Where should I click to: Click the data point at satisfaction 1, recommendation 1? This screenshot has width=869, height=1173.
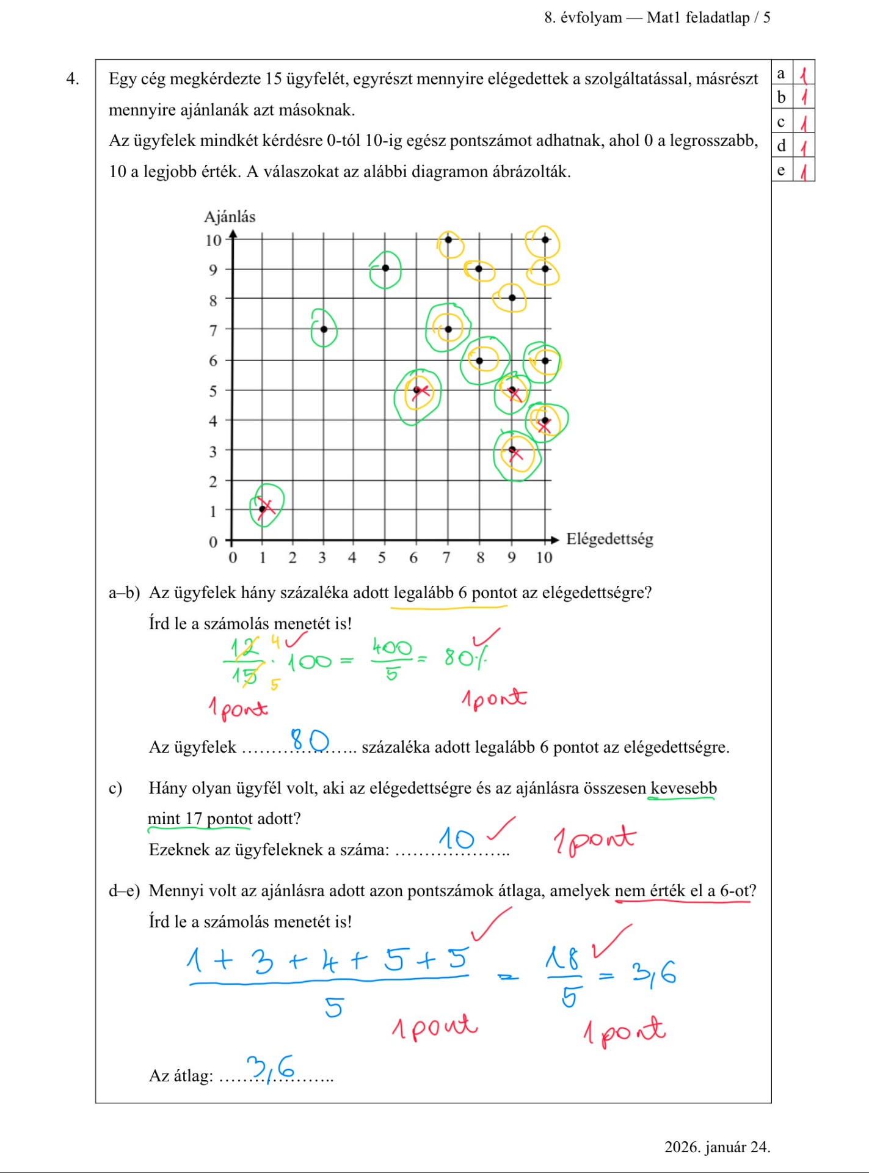pyautogui.click(x=263, y=509)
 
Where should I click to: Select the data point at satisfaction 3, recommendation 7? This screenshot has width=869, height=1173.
pyautogui.click(x=324, y=329)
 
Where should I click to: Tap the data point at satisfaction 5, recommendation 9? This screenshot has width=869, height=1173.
pyautogui.click(x=385, y=268)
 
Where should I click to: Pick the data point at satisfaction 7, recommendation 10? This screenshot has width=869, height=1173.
pyautogui.click(x=448, y=239)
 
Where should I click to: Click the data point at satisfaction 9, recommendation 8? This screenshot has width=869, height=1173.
pyautogui.click(x=512, y=298)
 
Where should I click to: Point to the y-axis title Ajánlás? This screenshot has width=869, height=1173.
pyautogui.click(x=230, y=217)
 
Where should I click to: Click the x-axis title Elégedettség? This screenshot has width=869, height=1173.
pyautogui.click(x=609, y=539)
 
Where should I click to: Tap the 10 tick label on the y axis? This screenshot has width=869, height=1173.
pyautogui.click(x=213, y=240)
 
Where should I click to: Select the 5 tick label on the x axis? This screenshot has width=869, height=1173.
pyautogui.click(x=382, y=557)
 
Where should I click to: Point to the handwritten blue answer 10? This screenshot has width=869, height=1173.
pyautogui.click(x=456, y=838)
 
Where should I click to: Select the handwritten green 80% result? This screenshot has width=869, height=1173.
pyautogui.click(x=466, y=657)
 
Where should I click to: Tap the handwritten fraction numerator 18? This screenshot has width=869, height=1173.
pyautogui.click(x=562, y=958)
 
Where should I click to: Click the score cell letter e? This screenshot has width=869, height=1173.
pyautogui.click(x=781, y=170)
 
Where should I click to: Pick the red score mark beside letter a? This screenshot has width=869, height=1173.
pyautogui.click(x=804, y=75)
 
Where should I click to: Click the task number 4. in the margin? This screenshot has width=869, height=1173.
pyautogui.click(x=73, y=79)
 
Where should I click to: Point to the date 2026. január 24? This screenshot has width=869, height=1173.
pyautogui.click(x=717, y=1147)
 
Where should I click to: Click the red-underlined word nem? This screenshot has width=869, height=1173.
pyautogui.click(x=630, y=891)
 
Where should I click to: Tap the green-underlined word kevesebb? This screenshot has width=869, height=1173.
pyautogui.click(x=683, y=788)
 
